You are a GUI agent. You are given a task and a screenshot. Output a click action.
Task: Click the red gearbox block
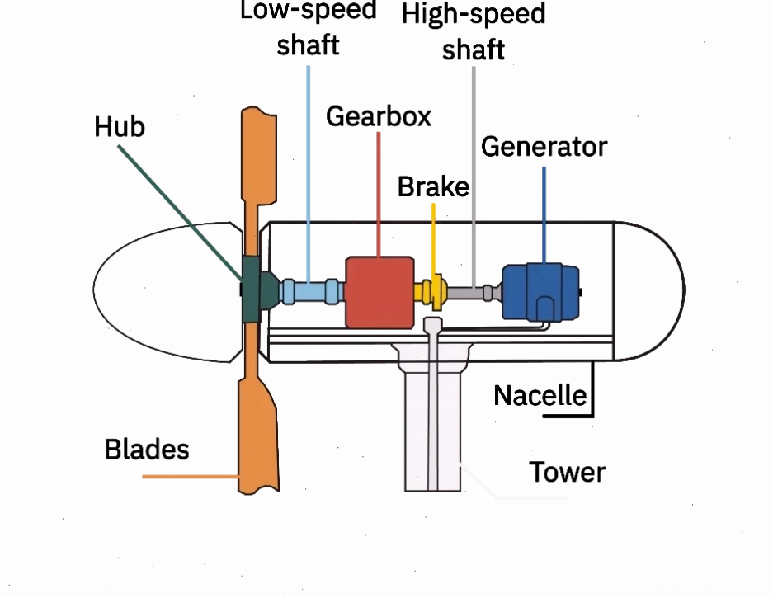[x=379, y=292]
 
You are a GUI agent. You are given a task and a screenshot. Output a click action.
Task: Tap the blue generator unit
[x=541, y=292]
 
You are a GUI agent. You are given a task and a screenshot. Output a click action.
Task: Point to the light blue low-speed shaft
[x=310, y=291]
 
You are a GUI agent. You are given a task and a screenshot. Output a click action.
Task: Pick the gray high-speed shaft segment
[x=471, y=292]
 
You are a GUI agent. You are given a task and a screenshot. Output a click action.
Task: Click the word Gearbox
[x=379, y=117]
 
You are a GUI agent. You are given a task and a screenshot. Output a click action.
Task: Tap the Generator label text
[x=544, y=147]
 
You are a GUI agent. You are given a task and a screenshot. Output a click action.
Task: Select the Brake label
[x=433, y=187]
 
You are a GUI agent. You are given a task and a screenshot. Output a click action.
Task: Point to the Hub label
[x=120, y=127]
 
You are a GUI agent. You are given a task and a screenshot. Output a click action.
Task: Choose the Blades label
[x=147, y=449]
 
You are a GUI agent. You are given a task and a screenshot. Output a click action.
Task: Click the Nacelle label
[x=540, y=395]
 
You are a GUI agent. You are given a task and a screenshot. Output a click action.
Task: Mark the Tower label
[x=567, y=473]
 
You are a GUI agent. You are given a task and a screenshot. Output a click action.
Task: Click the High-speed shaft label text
[x=474, y=31]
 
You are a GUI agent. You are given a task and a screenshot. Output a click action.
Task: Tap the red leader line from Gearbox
[x=379, y=194]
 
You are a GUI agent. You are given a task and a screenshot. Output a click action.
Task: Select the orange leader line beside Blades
[x=191, y=477]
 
